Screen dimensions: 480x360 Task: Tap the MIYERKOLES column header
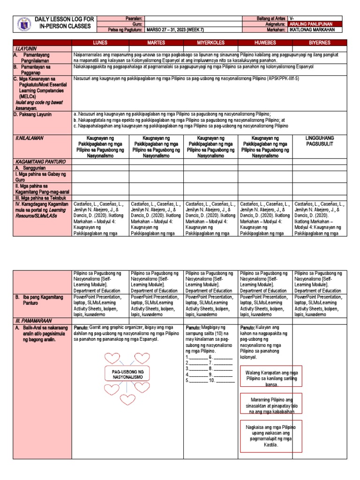tap(210, 43)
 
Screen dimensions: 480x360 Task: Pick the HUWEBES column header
tap(265, 43)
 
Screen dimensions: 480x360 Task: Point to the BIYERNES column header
tap(320, 43)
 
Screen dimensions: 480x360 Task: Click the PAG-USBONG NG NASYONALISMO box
tap(127, 374)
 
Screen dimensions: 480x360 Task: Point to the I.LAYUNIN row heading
tap(26, 48)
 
